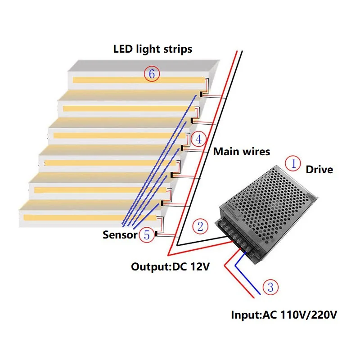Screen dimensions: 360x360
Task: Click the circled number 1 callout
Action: pos(293,164)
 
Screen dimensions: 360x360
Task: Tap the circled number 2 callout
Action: pos(200,226)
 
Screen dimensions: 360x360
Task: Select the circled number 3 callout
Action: pos(270,287)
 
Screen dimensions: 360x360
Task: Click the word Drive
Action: pos(319,170)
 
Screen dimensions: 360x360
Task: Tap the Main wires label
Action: pos(242,152)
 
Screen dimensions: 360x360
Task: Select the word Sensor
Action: pos(119,234)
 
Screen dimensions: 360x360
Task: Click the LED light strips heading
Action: pos(153,49)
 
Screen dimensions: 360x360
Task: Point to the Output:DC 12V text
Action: pos(170,266)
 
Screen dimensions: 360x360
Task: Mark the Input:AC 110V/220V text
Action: pos(283,315)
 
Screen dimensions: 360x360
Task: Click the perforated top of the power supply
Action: pos(270,193)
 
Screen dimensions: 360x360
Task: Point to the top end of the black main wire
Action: pos(242,52)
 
